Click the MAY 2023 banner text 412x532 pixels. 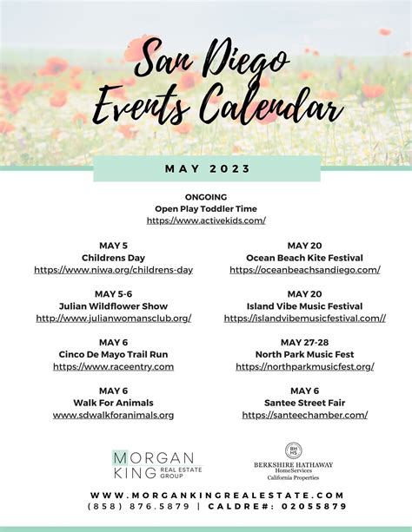[x=206, y=167]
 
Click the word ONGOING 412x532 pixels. [x=206, y=197]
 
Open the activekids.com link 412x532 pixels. [x=206, y=221]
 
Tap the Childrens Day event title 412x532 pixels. [x=113, y=258]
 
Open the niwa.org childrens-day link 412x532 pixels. [x=113, y=270]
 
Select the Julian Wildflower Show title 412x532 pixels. [x=113, y=306]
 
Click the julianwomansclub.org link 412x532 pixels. [x=113, y=319]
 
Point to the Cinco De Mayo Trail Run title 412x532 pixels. [x=113, y=355]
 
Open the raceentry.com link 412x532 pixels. [x=113, y=367]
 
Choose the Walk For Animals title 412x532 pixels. [x=113, y=403]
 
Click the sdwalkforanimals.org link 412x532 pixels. [x=113, y=415]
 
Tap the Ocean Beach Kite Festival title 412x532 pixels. [x=304, y=258]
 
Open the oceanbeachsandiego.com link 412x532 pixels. [x=304, y=270]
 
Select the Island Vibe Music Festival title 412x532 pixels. [x=304, y=306]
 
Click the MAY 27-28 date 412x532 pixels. [x=304, y=342]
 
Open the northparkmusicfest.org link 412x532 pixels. [x=304, y=367]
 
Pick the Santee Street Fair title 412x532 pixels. [x=304, y=403]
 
